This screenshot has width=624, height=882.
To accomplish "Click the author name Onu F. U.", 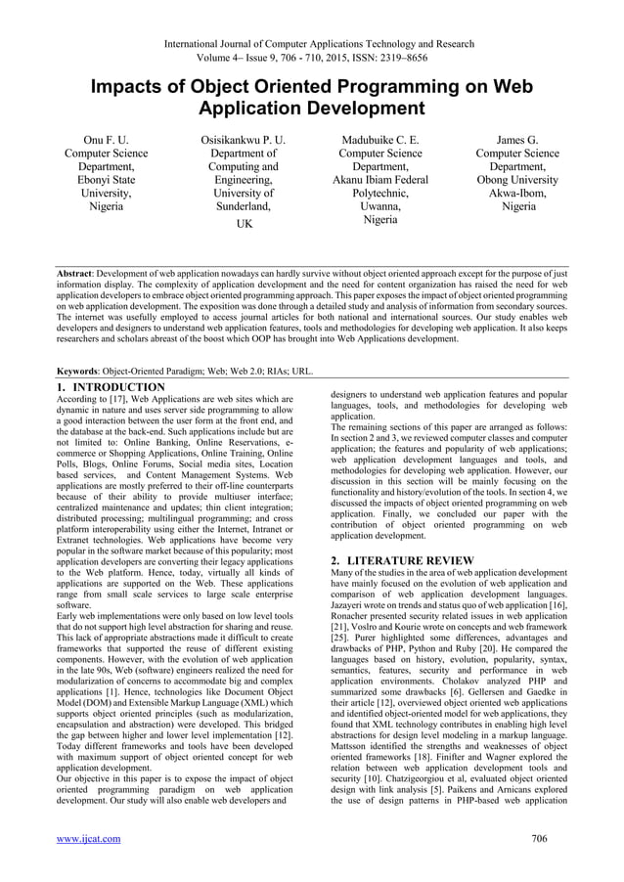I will tap(106, 140).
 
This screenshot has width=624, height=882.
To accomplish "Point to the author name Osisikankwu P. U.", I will tap(243, 140).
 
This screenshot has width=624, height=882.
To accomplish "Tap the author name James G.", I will tap(517, 140).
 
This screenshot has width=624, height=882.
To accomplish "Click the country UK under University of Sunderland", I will tap(243, 225).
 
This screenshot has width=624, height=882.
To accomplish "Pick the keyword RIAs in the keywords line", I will tap(271, 373).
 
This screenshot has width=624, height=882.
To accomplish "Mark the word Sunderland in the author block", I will tap(243, 206).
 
